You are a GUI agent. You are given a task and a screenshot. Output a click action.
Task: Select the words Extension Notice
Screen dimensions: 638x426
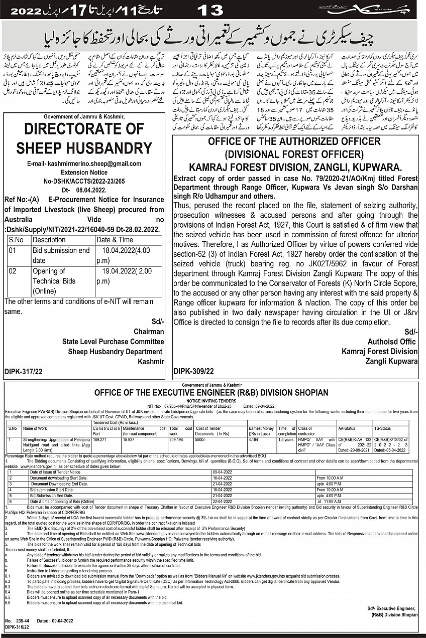[x=84, y=172]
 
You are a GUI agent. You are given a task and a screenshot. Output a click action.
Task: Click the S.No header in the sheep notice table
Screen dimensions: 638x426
[x=17, y=240]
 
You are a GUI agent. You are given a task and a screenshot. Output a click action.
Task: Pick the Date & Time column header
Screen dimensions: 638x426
[x=115, y=240]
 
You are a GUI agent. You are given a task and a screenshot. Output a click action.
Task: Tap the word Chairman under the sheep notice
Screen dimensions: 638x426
[x=149, y=332]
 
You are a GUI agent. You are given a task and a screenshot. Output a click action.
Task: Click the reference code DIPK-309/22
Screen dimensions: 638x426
[x=193, y=372]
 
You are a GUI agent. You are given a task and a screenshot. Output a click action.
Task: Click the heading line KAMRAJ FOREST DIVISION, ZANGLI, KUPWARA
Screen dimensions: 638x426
[x=295, y=167]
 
